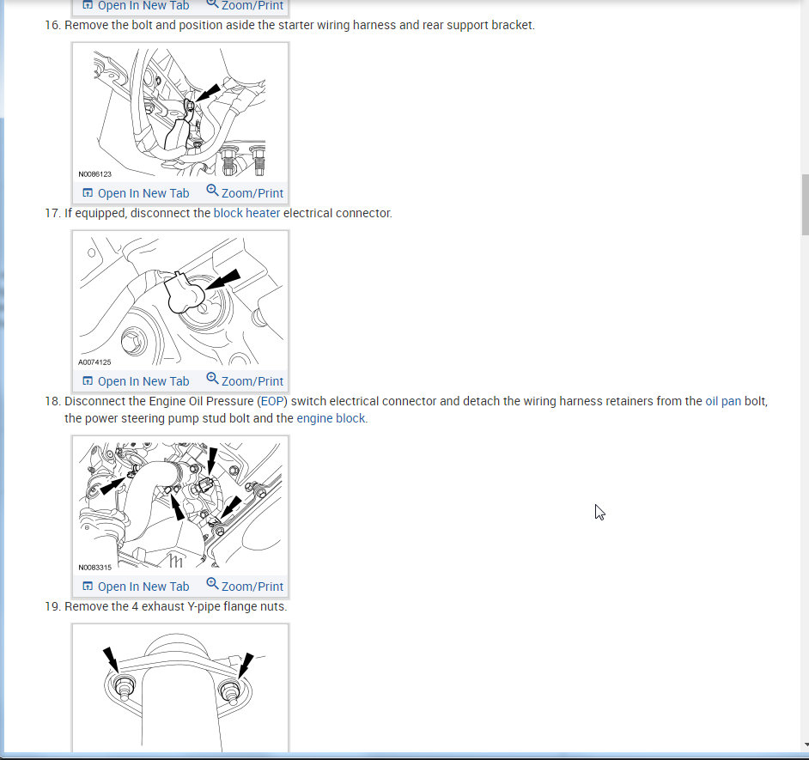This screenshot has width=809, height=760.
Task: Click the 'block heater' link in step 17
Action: pos(246,213)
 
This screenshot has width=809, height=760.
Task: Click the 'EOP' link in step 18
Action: pos(273,401)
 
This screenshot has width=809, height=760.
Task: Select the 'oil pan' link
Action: pos(723,401)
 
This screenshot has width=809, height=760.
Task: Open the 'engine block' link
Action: pos(331,418)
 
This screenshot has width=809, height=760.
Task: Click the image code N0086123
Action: pos(95,174)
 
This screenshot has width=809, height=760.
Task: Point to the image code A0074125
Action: pos(94,362)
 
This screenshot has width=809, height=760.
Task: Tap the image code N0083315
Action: pos(95,568)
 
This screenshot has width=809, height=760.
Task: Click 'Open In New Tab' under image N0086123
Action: pos(137,193)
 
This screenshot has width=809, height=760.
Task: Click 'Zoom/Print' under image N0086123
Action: pos(245,192)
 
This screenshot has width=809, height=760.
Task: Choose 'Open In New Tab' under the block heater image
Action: pos(137,381)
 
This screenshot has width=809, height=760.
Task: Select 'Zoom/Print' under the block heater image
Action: pos(245,380)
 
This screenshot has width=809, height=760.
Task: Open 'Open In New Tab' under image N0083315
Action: pos(137,587)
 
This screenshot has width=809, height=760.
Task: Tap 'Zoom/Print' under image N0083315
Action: pos(245,586)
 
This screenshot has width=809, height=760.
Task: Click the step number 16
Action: pos(52,25)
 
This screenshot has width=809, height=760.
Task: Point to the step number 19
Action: pos(52,607)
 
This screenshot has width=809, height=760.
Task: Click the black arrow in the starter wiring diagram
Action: pos(208,93)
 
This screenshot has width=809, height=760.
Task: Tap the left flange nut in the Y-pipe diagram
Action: pos(124,689)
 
